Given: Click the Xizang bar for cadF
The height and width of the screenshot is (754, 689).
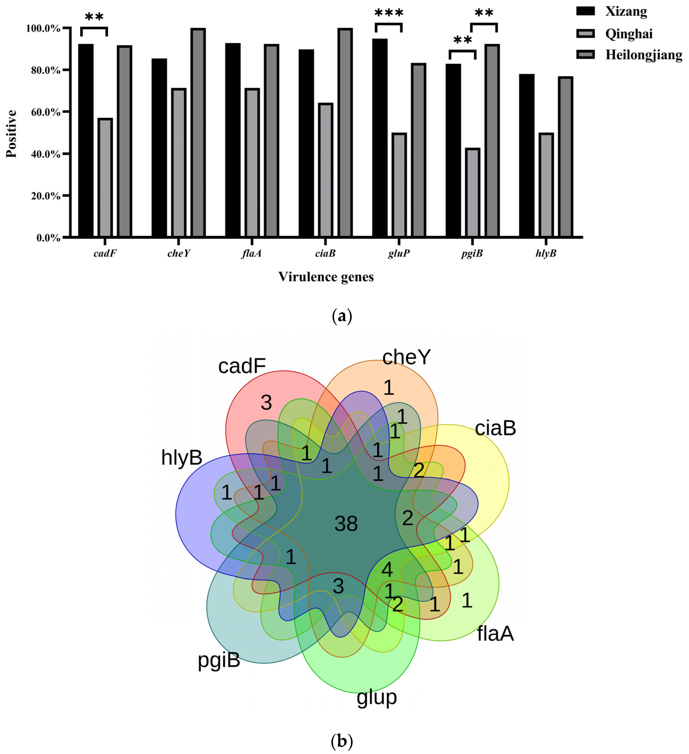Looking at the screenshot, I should tap(86, 140).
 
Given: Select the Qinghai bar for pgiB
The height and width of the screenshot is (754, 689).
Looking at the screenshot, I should tap(472, 193).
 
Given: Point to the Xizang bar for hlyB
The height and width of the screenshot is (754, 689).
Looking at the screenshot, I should tap(527, 155).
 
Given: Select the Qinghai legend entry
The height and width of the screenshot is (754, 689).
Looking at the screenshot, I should tap(628, 34).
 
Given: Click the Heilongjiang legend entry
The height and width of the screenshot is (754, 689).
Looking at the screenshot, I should tap(643, 55).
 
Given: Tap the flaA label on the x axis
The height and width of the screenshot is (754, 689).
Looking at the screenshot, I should tap(251, 253).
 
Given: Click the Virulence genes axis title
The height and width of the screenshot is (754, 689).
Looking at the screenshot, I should tap(326, 277).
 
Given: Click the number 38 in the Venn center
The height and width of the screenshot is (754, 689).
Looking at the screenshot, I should tap(346, 524).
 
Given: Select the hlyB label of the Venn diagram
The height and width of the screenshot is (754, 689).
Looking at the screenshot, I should tap(182, 457).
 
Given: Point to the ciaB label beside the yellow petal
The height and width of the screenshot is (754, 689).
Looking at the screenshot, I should tap(495, 428).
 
